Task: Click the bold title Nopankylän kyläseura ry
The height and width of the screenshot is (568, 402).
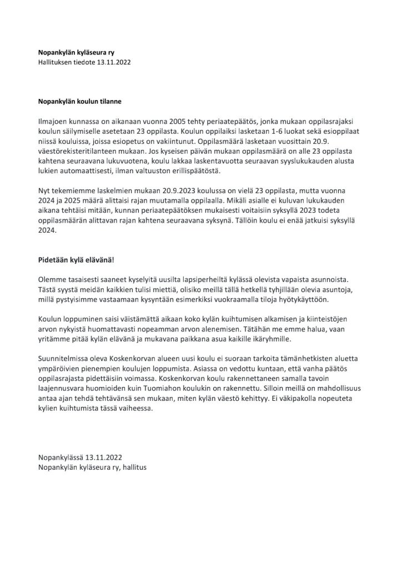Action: pyautogui.click(x=77, y=53)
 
